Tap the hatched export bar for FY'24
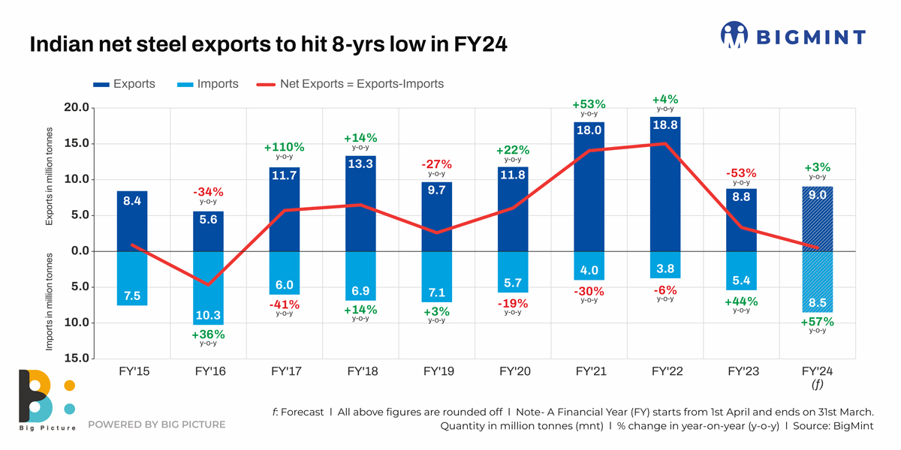(818, 225)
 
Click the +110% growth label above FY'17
(284, 148)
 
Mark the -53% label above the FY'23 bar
(741, 173)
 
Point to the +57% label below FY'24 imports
(818, 322)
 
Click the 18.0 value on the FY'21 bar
(589, 130)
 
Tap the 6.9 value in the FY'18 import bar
(360, 291)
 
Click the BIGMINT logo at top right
(793, 35)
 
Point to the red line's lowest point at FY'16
(208, 285)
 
